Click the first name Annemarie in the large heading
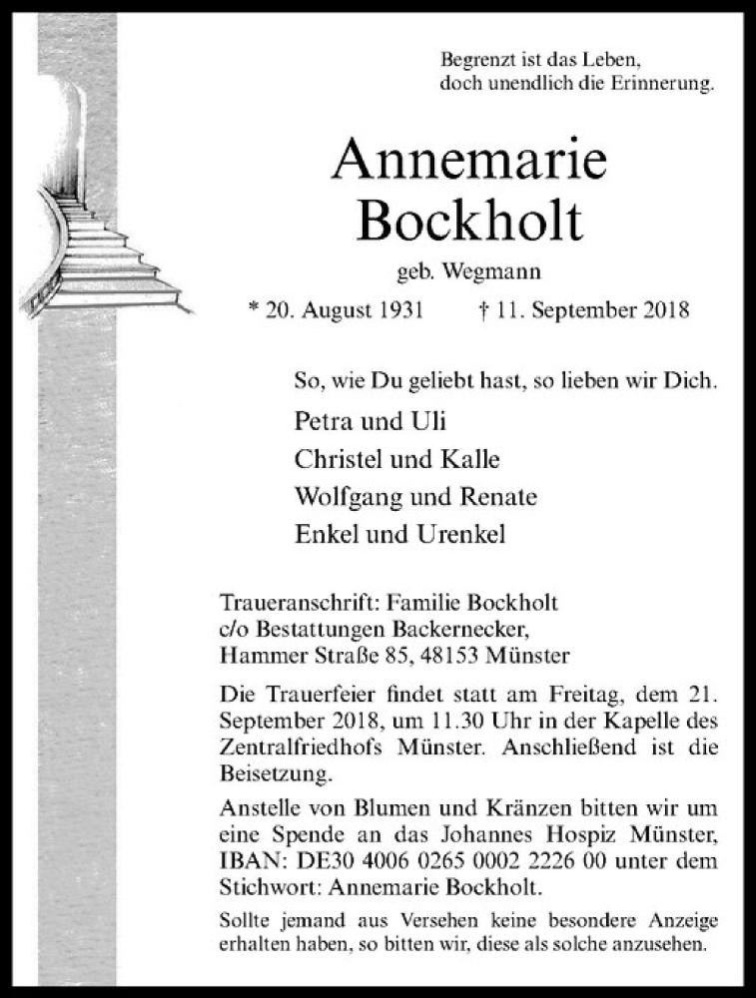(x=468, y=159)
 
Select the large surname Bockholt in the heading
(x=468, y=222)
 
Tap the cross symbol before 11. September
(x=482, y=310)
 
